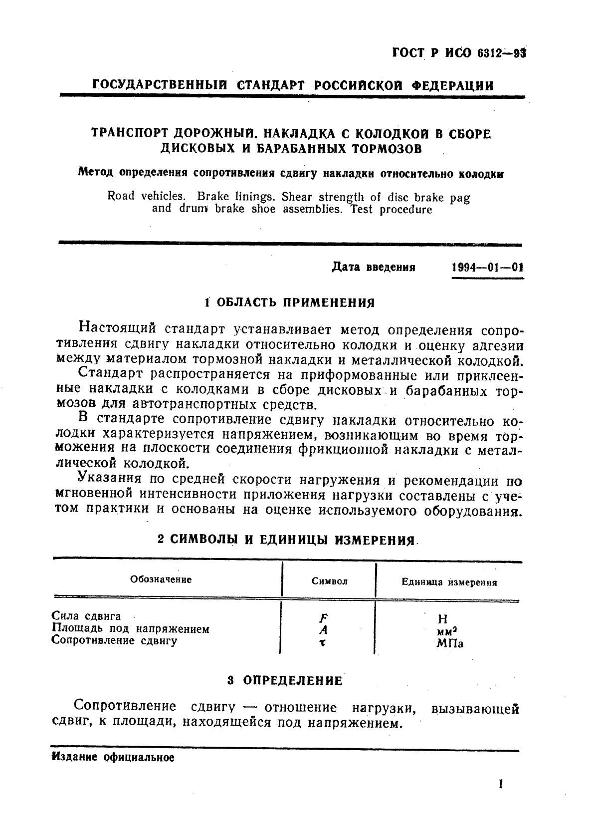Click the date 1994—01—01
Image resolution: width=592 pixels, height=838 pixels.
[x=487, y=267]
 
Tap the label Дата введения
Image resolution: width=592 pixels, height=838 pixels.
[x=374, y=267]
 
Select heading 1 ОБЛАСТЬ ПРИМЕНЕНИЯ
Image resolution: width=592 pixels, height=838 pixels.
[x=289, y=302]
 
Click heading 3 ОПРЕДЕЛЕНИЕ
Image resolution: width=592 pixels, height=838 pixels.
[x=285, y=680]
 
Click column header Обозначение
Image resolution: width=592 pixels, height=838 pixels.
[x=161, y=579]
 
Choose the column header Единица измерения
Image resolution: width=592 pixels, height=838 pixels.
[x=449, y=582]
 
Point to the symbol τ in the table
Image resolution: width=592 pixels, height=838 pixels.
[x=323, y=643]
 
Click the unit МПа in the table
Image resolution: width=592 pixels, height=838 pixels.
[x=449, y=643]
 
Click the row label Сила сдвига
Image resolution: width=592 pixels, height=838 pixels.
[x=86, y=616]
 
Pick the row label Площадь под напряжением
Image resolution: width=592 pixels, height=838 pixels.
[x=131, y=629]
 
